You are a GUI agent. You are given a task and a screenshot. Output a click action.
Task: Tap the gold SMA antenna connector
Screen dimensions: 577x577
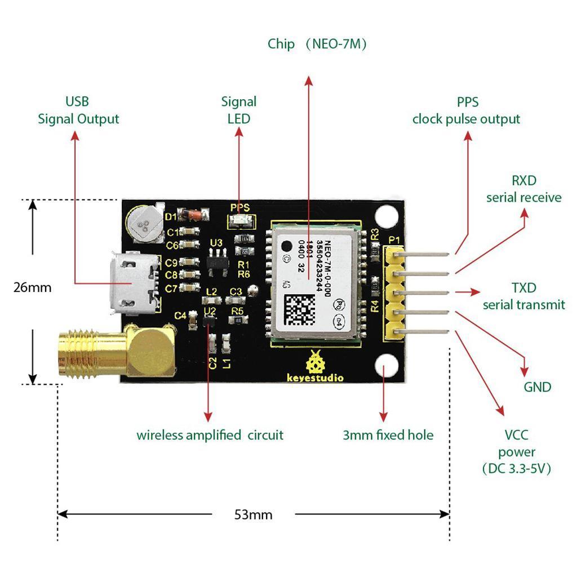[x=113, y=352]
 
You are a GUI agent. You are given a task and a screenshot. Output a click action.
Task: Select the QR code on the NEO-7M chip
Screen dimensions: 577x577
[x=298, y=309]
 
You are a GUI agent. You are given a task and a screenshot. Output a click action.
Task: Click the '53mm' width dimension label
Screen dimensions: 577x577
[x=253, y=514]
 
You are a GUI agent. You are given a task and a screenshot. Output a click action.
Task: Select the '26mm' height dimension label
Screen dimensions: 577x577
[x=32, y=287]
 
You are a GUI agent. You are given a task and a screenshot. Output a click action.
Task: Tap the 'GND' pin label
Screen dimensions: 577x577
[x=537, y=387]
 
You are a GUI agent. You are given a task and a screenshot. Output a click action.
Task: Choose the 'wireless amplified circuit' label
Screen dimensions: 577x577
[x=210, y=435]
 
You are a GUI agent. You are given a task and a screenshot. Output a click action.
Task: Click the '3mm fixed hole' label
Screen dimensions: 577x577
[x=388, y=435]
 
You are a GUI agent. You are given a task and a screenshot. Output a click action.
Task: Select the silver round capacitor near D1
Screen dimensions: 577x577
[x=145, y=221]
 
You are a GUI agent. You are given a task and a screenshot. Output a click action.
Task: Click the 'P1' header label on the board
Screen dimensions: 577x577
[x=394, y=241]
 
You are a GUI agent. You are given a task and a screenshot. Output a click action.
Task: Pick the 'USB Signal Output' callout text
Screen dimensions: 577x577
[x=78, y=110]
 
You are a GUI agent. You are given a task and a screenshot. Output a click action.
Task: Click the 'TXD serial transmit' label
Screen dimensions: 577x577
[x=523, y=296]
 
